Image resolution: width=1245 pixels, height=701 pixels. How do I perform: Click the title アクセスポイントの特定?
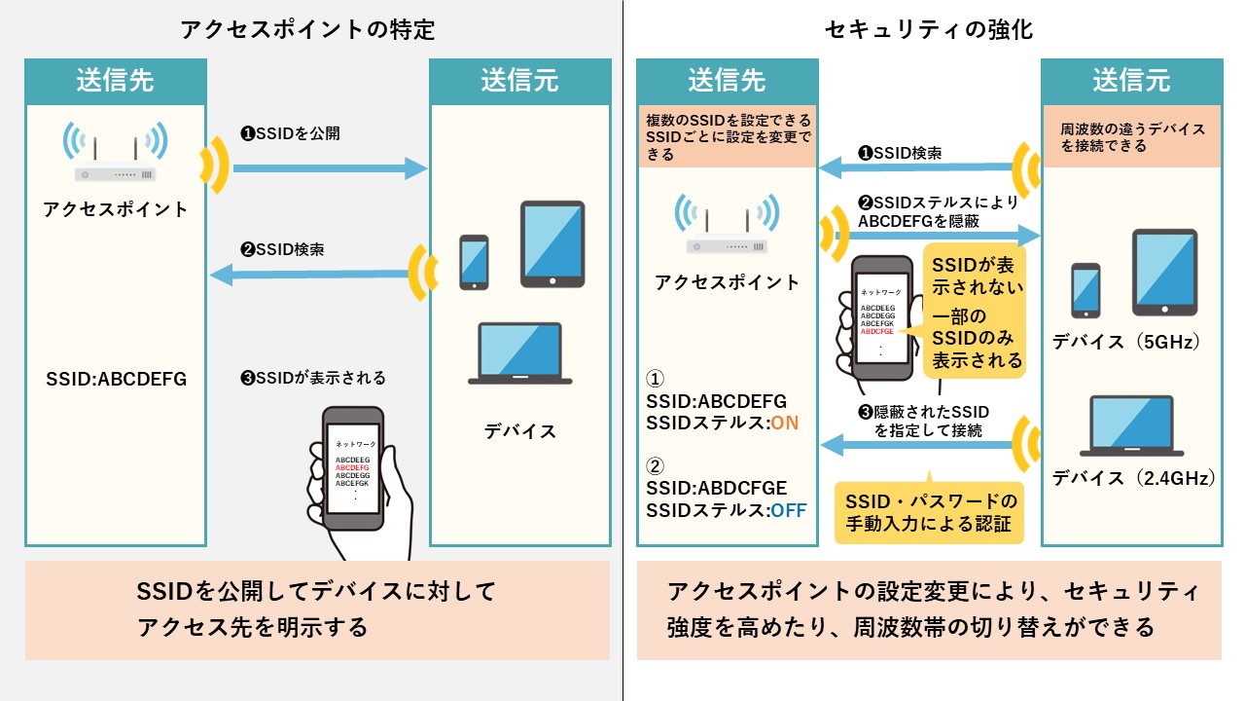307,29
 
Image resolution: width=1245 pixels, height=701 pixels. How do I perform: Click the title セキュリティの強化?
929,29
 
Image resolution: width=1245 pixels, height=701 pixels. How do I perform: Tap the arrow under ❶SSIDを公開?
330,168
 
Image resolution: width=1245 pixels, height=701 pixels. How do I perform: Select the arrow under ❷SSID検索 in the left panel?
309,275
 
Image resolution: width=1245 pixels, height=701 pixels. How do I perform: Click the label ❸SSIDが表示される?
313,379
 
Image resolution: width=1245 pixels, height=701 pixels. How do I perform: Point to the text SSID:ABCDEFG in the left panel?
116,379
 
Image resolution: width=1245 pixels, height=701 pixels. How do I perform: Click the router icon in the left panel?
115,151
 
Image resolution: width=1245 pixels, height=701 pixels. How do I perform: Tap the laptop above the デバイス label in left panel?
519,353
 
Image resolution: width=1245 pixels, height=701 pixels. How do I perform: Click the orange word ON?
784,423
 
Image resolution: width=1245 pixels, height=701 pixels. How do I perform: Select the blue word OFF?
788,510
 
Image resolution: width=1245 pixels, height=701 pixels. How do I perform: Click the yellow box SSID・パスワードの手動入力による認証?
929,512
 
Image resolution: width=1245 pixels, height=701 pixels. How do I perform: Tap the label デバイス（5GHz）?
1126,341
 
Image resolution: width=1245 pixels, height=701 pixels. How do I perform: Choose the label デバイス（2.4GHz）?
1133,478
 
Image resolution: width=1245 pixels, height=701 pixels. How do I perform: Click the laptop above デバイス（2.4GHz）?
1131,425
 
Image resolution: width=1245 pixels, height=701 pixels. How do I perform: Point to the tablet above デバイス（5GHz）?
1164,273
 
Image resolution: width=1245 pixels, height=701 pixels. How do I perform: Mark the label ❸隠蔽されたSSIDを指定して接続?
924,421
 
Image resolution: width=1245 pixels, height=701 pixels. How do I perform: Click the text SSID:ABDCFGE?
717,488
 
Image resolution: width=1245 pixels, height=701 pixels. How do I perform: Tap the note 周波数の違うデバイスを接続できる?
1132,137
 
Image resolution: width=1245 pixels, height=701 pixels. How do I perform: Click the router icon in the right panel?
727,224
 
